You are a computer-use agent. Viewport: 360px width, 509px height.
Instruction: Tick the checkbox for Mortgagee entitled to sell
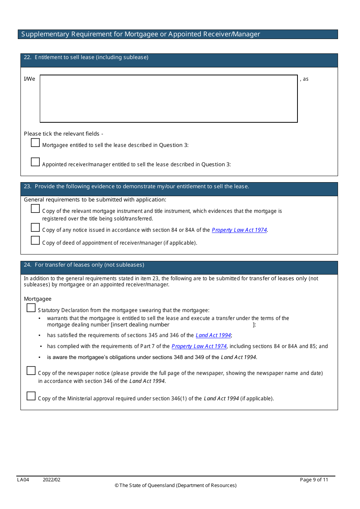pyautogui.click(x=35, y=143)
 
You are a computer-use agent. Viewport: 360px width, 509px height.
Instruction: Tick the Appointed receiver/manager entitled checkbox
pyautogui.click(x=35, y=162)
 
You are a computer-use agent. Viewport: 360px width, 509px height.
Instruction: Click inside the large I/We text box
pyautogui.click(x=169, y=98)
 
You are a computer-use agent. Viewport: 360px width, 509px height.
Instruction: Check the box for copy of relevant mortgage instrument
pyautogui.click(x=35, y=209)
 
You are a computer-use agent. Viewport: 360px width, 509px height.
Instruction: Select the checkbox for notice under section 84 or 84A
pyautogui.click(x=35, y=228)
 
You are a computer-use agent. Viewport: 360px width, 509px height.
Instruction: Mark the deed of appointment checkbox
pyautogui.click(x=35, y=240)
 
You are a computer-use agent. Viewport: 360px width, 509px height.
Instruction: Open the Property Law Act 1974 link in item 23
pyautogui.click(x=239, y=230)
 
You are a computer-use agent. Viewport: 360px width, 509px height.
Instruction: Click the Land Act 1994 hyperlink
pyautogui.click(x=213, y=335)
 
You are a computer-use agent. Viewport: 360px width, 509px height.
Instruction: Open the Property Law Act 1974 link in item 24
pyautogui.click(x=199, y=346)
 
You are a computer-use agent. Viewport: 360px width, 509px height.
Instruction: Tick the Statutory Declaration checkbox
pyautogui.click(x=31, y=308)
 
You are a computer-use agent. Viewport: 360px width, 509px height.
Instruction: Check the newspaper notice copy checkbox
pyautogui.click(x=31, y=371)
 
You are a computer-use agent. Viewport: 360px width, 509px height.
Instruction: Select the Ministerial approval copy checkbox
pyautogui.click(x=31, y=396)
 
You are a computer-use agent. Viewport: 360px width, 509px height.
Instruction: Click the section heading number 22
pyautogui.click(x=27, y=57)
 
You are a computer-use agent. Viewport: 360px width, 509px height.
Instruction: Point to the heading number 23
pyautogui.click(x=27, y=186)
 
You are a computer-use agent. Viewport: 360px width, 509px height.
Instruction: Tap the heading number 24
pyautogui.click(x=27, y=265)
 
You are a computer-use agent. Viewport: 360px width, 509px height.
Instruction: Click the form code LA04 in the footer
pyautogui.click(x=23, y=479)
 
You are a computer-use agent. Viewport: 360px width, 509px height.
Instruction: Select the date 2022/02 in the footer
pyautogui.click(x=52, y=479)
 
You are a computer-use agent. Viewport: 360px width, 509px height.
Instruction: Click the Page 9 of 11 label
pyautogui.click(x=314, y=479)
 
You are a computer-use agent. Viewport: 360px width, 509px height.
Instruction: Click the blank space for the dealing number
pyautogui.click(x=211, y=325)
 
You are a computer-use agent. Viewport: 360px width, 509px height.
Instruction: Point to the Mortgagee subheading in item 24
pyautogui.click(x=38, y=299)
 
